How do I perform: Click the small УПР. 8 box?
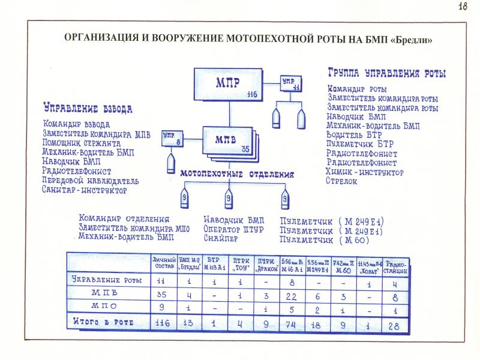click(x=172, y=140)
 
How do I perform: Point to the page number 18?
click(x=463, y=7)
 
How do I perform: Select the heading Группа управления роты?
click(x=386, y=74)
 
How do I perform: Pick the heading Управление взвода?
click(x=87, y=109)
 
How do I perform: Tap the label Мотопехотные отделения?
click(x=238, y=175)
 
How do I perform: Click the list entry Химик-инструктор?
click(x=365, y=172)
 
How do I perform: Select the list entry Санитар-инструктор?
click(x=84, y=190)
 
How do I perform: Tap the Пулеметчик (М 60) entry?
click(x=325, y=240)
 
